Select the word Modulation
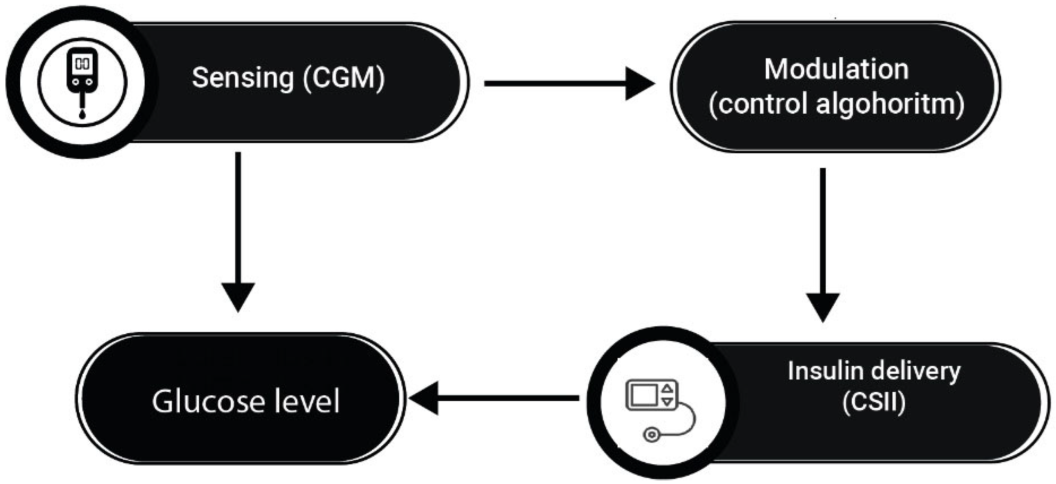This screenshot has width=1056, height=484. pos(836,69)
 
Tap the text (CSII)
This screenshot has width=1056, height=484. pos(874,403)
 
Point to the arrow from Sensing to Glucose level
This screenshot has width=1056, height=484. pos(238,229)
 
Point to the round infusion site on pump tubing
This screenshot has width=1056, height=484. pos(651,434)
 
